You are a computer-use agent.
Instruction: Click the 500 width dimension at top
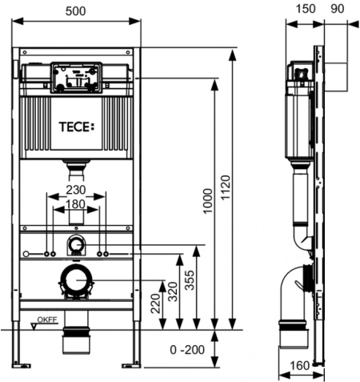[x=76, y=11]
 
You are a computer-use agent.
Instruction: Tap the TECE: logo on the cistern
[x=77, y=127]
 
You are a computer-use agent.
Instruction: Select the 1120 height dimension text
[x=226, y=187]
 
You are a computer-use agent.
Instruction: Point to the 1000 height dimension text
[x=207, y=201]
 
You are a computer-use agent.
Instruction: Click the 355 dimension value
[x=190, y=280]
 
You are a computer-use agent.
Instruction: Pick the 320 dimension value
[x=173, y=292]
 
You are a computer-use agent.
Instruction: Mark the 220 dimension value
[x=155, y=304]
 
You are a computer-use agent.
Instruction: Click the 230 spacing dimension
[x=76, y=190]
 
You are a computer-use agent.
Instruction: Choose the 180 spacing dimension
[x=76, y=204]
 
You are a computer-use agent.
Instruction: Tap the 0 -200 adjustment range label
[x=187, y=349]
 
